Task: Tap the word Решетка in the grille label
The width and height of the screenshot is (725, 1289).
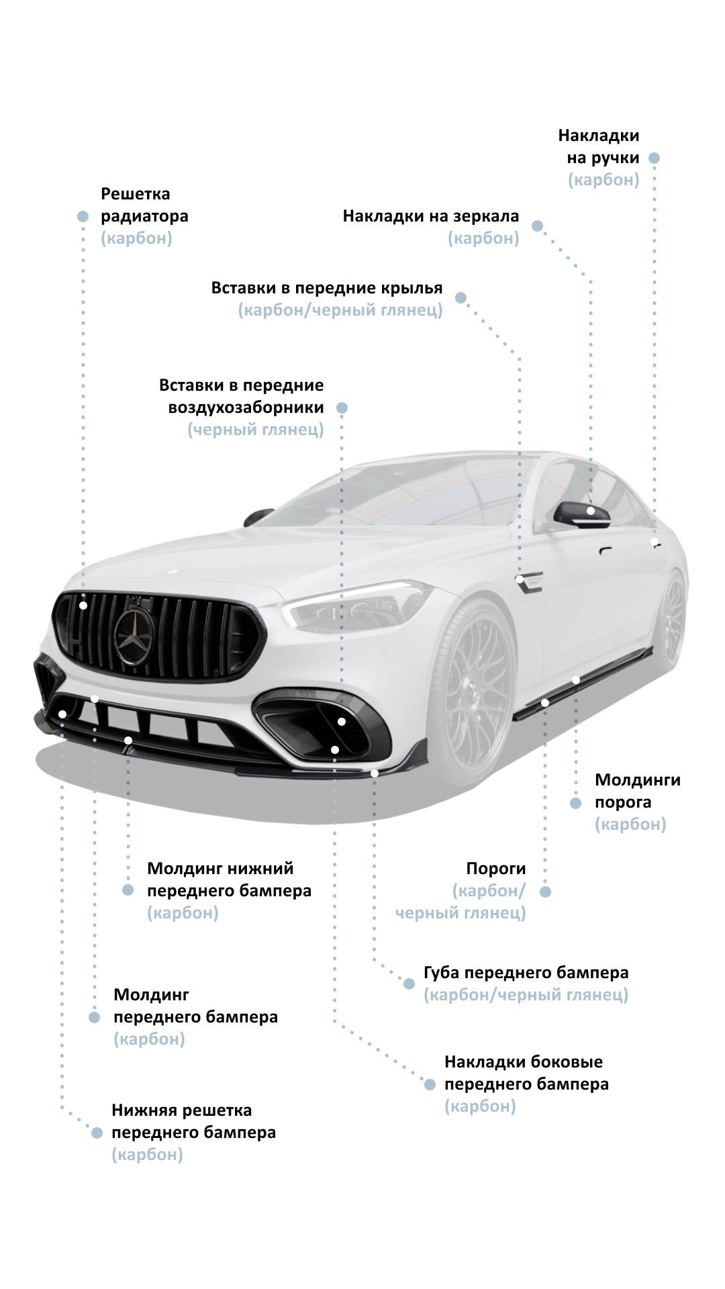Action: [136, 194]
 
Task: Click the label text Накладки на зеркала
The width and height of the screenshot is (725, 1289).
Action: [431, 216]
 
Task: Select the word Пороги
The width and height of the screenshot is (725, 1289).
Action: [496, 869]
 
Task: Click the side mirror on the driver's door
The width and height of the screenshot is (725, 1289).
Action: [581, 515]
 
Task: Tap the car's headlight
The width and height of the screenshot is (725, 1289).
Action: [356, 607]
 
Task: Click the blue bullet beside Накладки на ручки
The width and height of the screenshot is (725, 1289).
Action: [654, 158]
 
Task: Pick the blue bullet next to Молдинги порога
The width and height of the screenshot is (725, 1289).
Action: [575, 803]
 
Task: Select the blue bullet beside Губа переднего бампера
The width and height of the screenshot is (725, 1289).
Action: [409, 984]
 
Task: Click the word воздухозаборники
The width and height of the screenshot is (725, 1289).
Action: [246, 408]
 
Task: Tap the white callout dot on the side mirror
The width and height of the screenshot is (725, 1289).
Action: [591, 511]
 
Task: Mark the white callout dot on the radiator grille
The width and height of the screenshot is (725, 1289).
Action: [83, 606]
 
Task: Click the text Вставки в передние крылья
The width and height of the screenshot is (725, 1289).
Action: [327, 288]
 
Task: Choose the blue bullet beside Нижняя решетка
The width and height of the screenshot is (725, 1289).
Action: [97, 1133]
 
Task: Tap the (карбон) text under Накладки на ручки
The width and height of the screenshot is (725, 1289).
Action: [603, 180]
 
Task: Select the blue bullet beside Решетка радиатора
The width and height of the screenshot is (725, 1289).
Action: [83, 216]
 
